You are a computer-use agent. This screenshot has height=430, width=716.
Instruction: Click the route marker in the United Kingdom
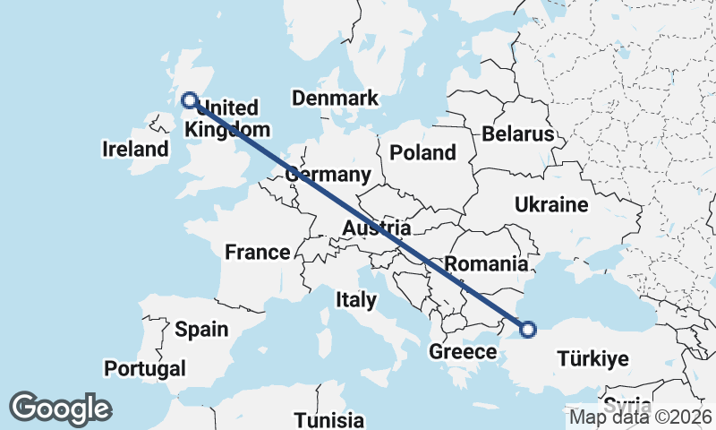(x=190, y=100)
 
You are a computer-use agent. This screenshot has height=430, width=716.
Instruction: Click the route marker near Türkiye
(x=528, y=329)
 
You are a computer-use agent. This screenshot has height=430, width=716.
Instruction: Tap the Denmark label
(x=336, y=99)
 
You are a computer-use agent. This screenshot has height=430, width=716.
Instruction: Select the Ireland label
(x=135, y=149)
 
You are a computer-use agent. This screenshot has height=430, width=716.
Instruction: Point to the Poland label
(x=423, y=153)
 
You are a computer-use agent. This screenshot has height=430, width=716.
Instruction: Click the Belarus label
(x=518, y=134)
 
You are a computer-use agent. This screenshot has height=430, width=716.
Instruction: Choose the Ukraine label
(x=551, y=205)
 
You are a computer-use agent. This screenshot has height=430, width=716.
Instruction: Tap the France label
(x=257, y=253)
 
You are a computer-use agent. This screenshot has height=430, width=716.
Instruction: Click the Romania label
(x=485, y=263)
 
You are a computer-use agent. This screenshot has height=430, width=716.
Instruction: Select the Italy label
(x=356, y=299)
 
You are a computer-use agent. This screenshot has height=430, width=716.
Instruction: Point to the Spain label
(x=200, y=329)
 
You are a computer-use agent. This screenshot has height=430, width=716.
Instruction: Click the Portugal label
(x=145, y=368)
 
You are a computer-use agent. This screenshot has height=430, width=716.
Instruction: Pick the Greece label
(x=462, y=351)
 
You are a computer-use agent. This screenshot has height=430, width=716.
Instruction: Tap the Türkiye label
(x=592, y=359)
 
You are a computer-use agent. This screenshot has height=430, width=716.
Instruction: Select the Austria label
(x=377, y=229)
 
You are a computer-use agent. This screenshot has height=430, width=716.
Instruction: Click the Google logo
(x=60, y=408)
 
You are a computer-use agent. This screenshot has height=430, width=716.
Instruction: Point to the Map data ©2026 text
(x=641, y=417)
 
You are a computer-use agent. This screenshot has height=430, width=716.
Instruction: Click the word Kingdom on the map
(x=227, y=129)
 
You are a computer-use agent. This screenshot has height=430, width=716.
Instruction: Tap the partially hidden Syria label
(x=627, y=402)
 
